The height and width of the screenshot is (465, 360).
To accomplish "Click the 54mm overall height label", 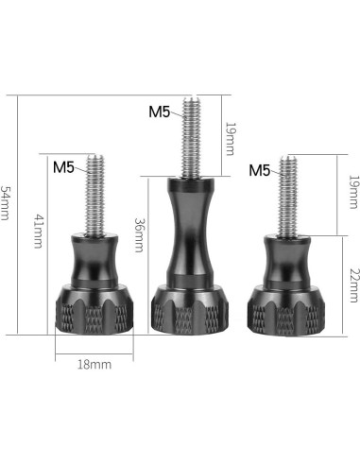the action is (x=6, y=203).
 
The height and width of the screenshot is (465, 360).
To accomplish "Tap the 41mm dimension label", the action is (x=38, y=232).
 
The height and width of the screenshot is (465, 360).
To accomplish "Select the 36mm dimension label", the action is (x=139, y=235).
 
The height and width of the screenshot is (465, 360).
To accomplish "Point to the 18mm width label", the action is (x=94, y=365).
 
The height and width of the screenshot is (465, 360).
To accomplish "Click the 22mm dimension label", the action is (x=354, y=285).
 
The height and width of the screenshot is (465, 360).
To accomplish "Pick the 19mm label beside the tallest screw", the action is (x=230, y=139).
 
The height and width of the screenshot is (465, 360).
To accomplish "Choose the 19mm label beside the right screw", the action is (x=353, y=192).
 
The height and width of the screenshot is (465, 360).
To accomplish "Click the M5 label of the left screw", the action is (x=63, y=167).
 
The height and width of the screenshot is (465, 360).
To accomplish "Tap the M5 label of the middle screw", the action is (x=160, y=112).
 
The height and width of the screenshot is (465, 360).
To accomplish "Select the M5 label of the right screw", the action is (x=260, y=170).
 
